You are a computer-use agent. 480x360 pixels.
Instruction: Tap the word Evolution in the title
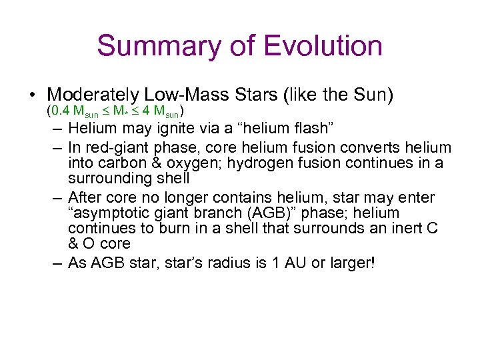point(323,46)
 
